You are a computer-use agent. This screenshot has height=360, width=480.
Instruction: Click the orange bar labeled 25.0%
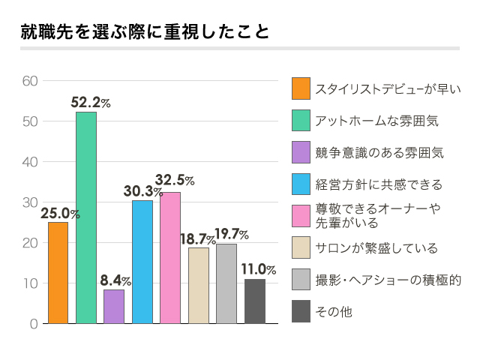tap(58, 273)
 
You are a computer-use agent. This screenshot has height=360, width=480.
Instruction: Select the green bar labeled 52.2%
tap(86, 217)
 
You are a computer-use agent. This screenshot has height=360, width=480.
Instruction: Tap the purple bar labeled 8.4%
tap(114, 306)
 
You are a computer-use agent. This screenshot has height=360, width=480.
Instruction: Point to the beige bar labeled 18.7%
tap(199, 285)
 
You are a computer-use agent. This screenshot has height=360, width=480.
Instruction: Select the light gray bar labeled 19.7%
tap(226, 283)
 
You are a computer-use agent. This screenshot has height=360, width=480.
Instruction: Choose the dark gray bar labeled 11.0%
tap(255, 301)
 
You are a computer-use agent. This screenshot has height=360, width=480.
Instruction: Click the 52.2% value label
tap(91, 103)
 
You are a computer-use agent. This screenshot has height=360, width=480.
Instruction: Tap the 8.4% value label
tap(116, 281)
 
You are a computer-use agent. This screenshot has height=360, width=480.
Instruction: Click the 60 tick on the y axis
tap(30, 81)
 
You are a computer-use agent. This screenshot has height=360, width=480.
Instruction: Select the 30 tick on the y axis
tap(30, 202)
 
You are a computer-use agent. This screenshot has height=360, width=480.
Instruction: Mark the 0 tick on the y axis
tap(34, 324)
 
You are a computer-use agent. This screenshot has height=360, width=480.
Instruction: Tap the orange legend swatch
tap(301, 88)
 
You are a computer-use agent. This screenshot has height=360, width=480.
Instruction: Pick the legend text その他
tap(334, 310)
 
